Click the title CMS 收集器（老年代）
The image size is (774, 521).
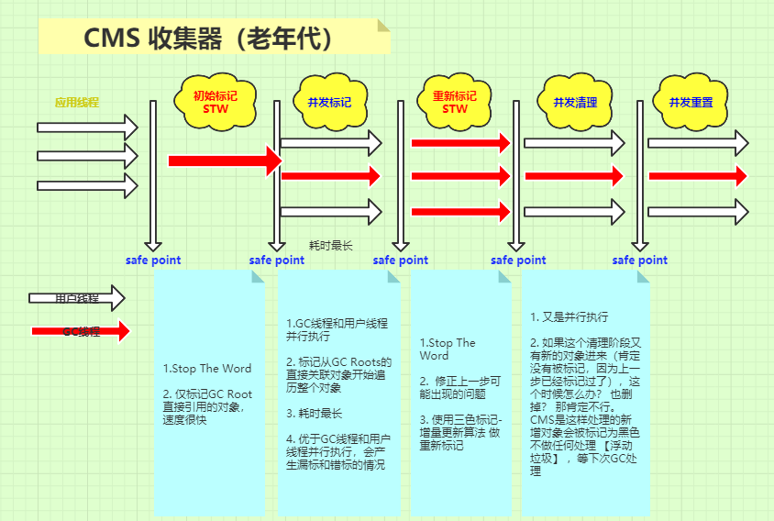[208, 38]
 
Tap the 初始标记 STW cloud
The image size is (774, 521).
[215, 101]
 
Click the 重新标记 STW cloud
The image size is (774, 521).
[455, 101]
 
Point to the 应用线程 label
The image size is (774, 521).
[77, 102]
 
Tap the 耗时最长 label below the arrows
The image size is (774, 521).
[331, 245]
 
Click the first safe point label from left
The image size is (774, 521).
[153, 260]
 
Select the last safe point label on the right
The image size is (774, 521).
[640, 260]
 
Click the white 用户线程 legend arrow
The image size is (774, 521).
[77, 298]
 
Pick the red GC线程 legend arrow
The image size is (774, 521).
[81, 331]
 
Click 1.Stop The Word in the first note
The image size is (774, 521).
[207, 368]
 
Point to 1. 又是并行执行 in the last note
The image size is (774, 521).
[569, 316]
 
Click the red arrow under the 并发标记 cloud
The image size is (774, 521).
[329, 175]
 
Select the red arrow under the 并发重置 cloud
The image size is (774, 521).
[698, 175]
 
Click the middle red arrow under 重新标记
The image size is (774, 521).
[459, 175]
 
